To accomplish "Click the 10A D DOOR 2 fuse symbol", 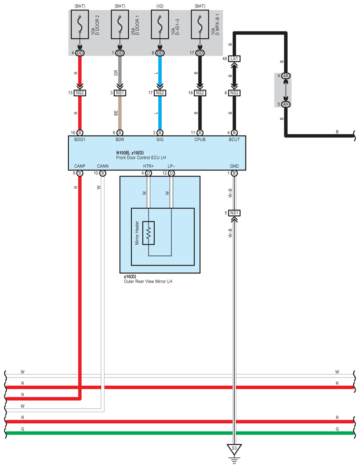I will pyautogui.click(x=80, y=26).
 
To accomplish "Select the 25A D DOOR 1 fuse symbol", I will pyautogui.click(x=120, y=26).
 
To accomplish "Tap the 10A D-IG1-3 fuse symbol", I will pyautogui.click(x=160, y=26).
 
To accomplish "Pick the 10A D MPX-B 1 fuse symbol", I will pyautogui.click(x=200, y=26).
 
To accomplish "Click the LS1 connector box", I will pyautogui.click(x=234, y=59).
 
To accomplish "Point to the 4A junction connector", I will pyautogui.click(x=286, y=76).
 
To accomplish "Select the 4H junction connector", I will pyautogui.click(x=286, y=104).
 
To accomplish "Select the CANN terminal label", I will pyautogui.click(x=102, y=166).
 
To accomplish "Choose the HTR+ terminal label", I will pyautogui.click(x=148, y=166).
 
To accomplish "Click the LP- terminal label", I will pyautogui.click(x=172, y=166).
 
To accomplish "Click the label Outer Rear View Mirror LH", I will pyautogui.click(x=148, y=280).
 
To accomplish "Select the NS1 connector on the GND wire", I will pyautogui.click(x=234, y=213).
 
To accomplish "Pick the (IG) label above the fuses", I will pyautogui.click(x=160, y=6).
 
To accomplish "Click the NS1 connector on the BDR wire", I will pyautogui.click(x=120, y=93).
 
